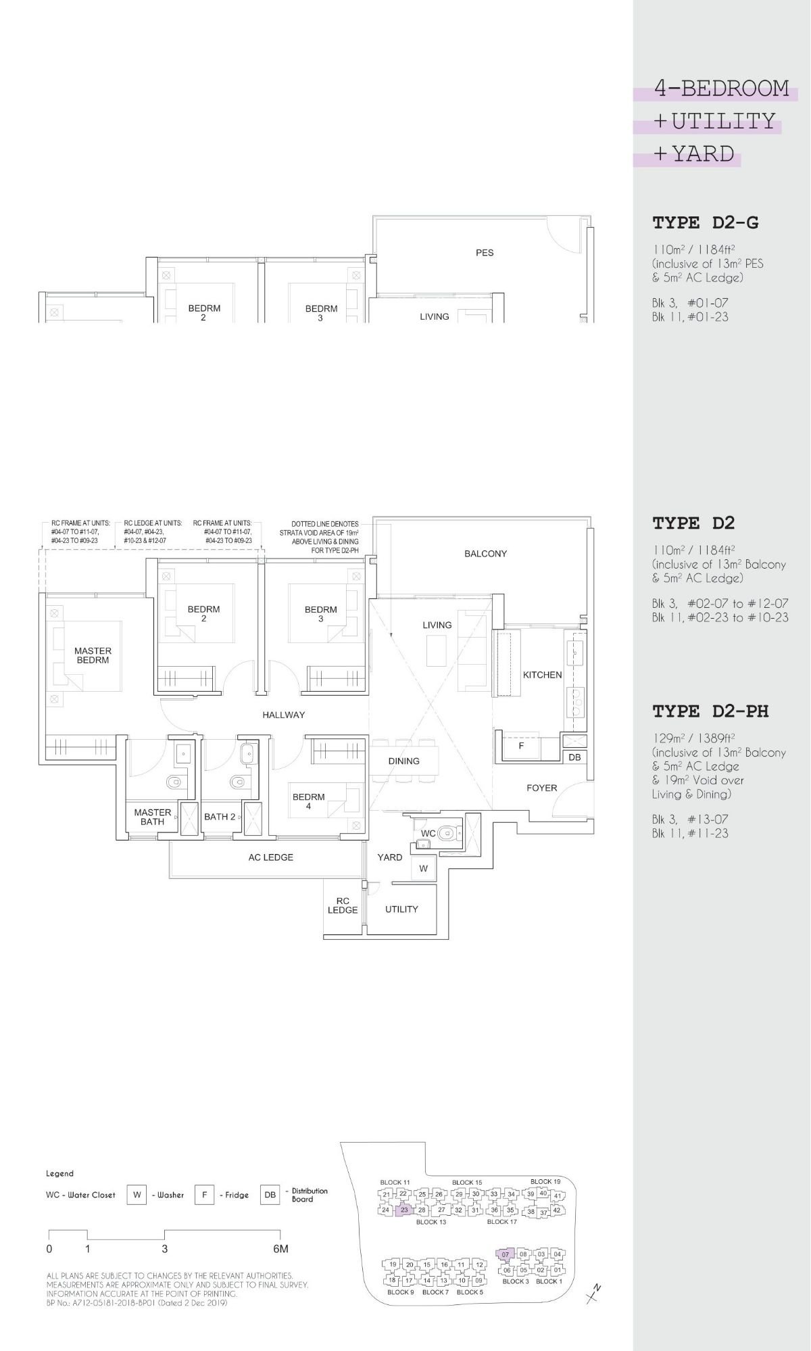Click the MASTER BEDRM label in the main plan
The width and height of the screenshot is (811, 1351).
(93, 655)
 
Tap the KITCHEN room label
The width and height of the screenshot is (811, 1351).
(542, 675)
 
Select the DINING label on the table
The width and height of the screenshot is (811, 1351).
(403, 761)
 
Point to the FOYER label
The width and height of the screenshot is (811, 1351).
(541, 788)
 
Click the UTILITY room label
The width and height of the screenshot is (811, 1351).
(401, 909)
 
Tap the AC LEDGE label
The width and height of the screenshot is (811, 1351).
(270, 857)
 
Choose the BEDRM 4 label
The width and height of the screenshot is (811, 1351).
(308, 801)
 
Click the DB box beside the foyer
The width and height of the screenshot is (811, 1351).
(574, 757)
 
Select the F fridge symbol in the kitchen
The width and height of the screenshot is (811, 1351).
(521, 746)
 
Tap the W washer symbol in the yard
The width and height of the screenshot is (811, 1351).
(424, 869)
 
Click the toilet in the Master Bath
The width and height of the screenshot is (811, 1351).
(174, 783)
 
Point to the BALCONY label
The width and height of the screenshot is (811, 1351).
(485, 554)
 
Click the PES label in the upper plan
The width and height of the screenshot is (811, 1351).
(485, 253)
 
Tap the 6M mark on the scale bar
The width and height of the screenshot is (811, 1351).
(280, 1249)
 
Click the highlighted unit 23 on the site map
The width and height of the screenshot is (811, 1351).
(404, 1210)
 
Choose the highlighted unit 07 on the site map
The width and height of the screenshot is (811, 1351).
(506, 1254)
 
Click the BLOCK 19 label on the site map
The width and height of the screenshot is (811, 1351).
(545, 1182)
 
